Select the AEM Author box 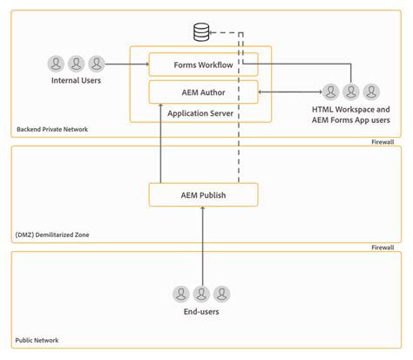203,91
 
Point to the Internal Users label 76,82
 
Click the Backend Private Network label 52,129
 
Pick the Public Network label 39,340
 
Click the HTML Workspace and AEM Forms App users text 350,113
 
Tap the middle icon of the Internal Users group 76,64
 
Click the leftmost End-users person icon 180,294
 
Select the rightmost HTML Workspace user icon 371,91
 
